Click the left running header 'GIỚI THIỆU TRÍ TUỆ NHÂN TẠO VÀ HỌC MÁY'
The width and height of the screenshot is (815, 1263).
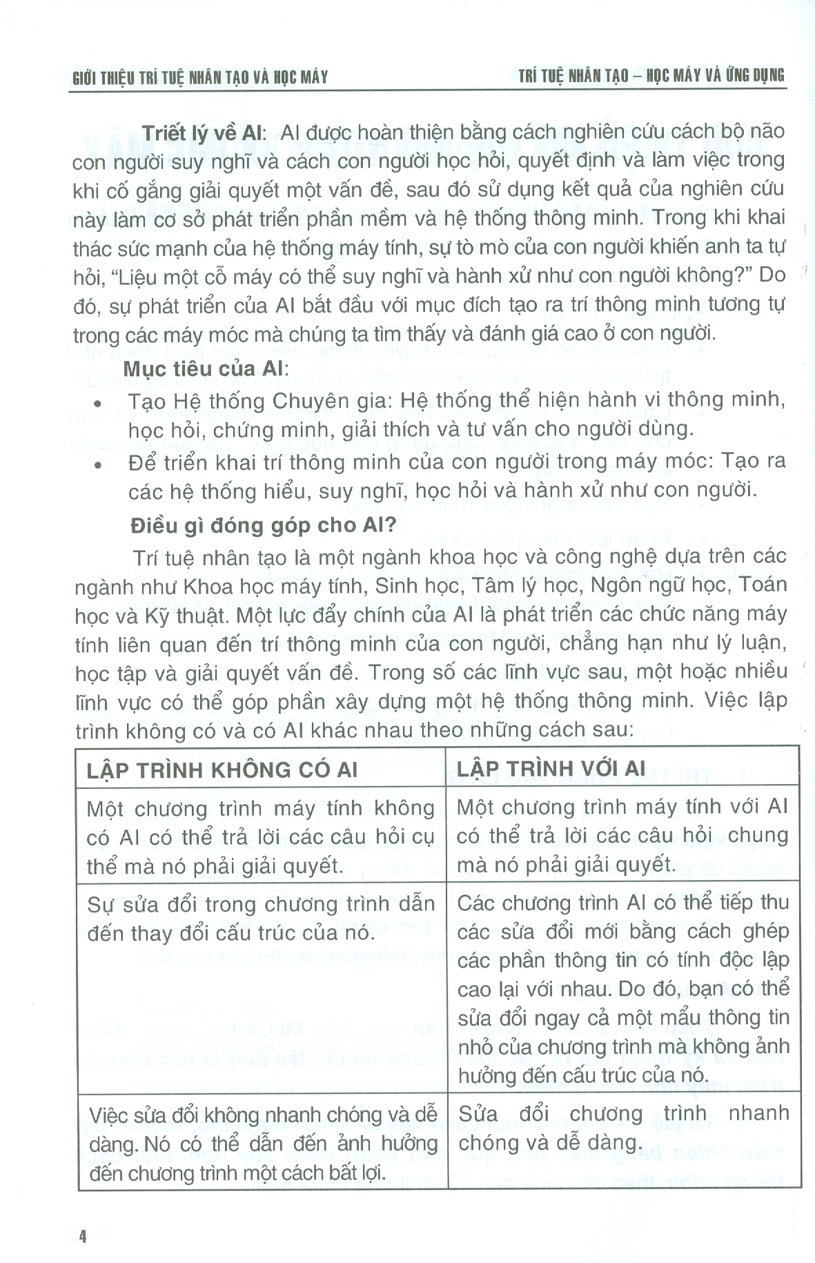click(200, 77)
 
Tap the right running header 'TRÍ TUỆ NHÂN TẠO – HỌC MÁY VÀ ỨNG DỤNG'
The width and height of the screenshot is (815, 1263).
click(651, 75)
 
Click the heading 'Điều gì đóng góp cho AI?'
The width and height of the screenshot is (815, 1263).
click(264, 527)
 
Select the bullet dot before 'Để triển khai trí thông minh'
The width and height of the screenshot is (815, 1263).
click(99, 465)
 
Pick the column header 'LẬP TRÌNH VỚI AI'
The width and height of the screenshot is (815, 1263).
click(551, 769)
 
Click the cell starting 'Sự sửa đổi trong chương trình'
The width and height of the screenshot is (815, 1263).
click(261, 919)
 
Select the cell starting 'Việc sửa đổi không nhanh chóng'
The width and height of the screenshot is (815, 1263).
click(263, 1144)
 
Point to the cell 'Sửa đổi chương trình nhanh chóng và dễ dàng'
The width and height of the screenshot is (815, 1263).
click(623, 1128)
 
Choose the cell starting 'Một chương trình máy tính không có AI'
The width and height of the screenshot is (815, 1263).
click(261, 836)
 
